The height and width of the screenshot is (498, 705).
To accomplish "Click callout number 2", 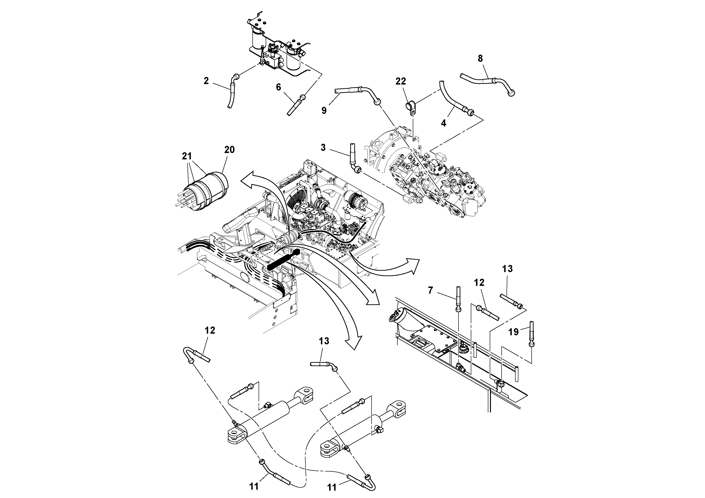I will [x=206, y=81].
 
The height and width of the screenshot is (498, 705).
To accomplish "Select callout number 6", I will [x=278, y=87].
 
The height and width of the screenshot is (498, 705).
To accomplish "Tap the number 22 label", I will [x=401, y=81].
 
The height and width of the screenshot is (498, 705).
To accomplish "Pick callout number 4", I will [x=443, y=123].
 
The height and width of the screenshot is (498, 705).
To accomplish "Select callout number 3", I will [x=323, y=148].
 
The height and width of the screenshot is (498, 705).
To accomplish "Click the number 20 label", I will [x=229, y=150].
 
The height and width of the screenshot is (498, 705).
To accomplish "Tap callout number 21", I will [x=187, y=156].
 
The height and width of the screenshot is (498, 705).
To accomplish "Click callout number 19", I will [x=513, y=332].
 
